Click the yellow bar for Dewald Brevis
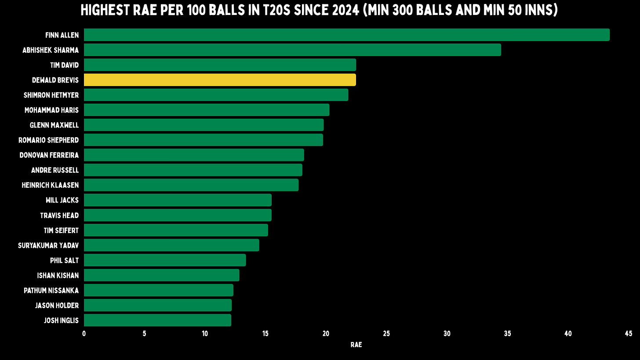coord(220,80)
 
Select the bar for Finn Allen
coord(346,35)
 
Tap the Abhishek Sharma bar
coord(292,50)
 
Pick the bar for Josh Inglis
coord(157,320)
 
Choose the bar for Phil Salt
coord(165,260)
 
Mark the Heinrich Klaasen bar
coord(191,185)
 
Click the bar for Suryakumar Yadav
coord(171,245)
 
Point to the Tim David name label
coord(64,65)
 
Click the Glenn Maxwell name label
coord(54,125)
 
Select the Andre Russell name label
coord(55,170)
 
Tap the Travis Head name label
coord(59,215)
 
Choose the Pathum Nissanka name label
coord(51,291)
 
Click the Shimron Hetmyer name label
coord(51,95)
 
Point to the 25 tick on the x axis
coord(386,334)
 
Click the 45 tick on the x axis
coord(628,334)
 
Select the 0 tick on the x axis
coord(84,334)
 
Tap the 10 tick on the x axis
coord(205,334)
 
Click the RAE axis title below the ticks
coord(356,345)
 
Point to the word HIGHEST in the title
coord(105,11)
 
